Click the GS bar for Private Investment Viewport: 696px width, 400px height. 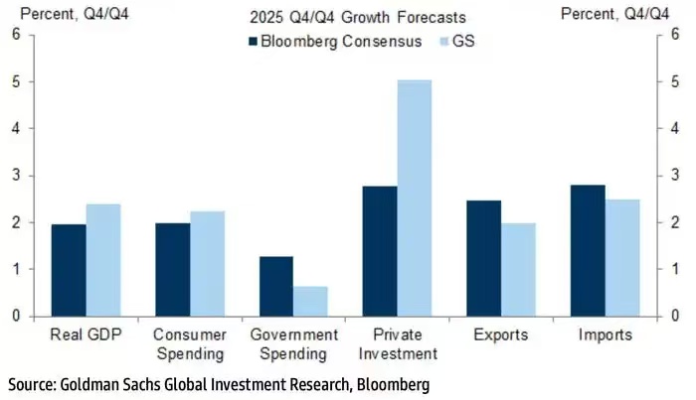coord(415,198)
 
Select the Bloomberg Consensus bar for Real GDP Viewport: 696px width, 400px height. coord(69,270)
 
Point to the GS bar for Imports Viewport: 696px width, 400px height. coord(621,257)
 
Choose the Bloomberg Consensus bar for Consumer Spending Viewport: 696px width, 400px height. coord(173,269)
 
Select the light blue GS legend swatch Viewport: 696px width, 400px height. coord(443,43)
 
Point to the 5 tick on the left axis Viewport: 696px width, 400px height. coord(15,82)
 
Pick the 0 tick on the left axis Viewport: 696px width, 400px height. coord(15,316)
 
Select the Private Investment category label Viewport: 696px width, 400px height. coord(398,344)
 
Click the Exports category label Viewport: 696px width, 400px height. coord(501,335)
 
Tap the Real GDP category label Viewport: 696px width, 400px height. coord(86,335)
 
